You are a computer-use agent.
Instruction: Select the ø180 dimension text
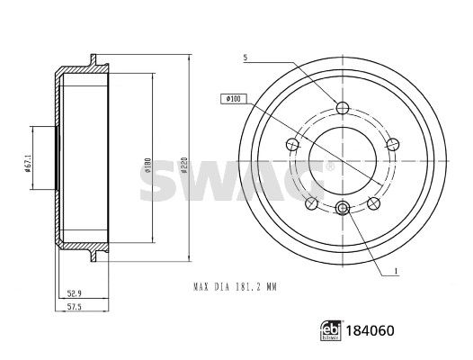(148, 166)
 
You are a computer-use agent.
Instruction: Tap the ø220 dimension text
(185, 165)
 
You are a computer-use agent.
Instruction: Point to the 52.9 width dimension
(75, 292)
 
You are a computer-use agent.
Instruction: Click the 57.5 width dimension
(75, 307)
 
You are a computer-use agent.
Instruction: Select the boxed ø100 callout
(234, 99)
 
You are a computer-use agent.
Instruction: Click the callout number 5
(245, 58)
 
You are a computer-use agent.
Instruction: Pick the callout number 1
(396, 271)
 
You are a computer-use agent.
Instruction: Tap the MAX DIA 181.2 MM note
(235, 286)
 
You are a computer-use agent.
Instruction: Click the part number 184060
(370, 330)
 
